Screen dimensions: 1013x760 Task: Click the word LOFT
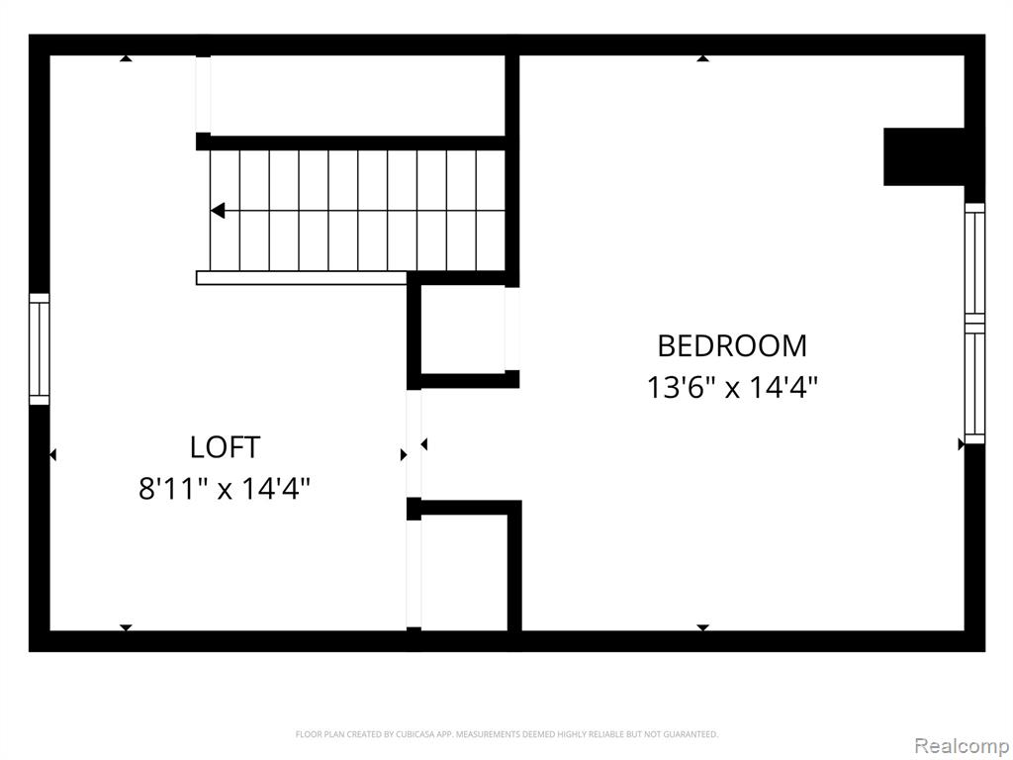click(225, 447)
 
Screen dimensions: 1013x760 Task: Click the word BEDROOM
click(732, 345)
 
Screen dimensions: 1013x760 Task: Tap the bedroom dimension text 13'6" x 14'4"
click(732, 388)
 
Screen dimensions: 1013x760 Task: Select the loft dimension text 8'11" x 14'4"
click(225, 488)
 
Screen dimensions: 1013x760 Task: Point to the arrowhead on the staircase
click(218, 211)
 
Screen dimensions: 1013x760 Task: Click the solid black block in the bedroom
click(924, 157)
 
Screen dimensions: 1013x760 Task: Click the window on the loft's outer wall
click(40, 349)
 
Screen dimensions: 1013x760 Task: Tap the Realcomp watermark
click(961, 745)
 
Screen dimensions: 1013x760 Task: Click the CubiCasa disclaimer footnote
click(506, 734)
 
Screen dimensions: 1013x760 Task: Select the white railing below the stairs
click(302, 278)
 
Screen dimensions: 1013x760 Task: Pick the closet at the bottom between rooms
click(464, 573)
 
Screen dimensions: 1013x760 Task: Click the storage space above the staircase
click(357, 96)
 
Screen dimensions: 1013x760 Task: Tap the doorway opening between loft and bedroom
click(414, 444)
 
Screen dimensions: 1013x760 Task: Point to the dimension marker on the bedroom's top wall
click(703, 58)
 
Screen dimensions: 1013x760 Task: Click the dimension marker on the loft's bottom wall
click(126, 627)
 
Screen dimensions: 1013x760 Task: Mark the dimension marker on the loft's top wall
click(126, 58)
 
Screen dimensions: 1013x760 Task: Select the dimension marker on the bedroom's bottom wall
click(703, 627)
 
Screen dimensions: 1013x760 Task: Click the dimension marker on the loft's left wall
click(53, 455)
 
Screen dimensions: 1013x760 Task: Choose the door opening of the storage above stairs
click(204, 94)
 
